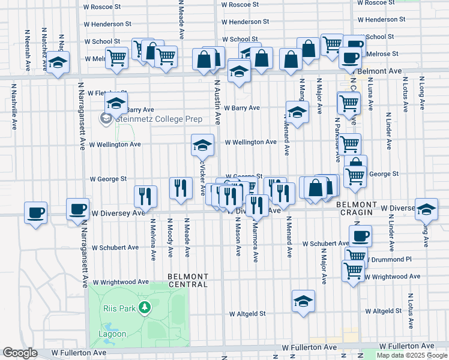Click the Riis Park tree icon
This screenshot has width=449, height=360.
pyautogui.click(x=144, y=308)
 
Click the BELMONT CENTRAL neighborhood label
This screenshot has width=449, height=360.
pyautogui.click(x=188, y=280)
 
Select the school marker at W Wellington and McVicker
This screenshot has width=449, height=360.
pyautogui.click(x=203, y=145)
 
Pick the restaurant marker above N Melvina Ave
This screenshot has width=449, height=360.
pyautogui.click(x=146, y=196)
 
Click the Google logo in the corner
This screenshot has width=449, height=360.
pyautogui.click(x=20, y=353)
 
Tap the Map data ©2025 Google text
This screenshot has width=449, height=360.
pyautogui.click(x=411, y=355)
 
